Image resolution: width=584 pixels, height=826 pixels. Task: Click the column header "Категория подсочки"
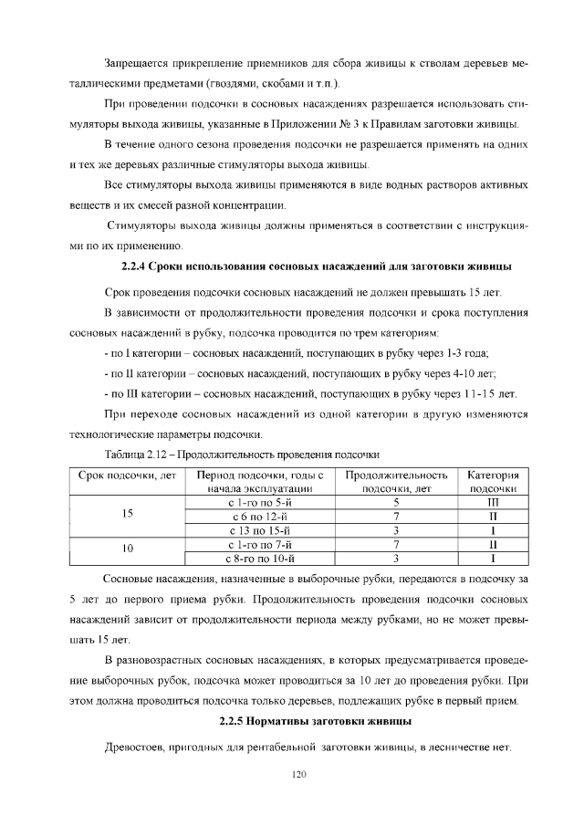point(493,482)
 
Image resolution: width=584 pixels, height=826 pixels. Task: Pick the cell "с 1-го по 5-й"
point(260,502)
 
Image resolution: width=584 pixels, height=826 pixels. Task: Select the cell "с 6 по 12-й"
point(260,516)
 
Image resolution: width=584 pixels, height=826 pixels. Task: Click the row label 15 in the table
point(128,516)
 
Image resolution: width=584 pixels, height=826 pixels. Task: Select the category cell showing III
point(493,502)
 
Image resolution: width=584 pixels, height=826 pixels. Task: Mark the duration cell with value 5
point(397,502)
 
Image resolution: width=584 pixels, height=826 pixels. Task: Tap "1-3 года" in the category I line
point(465,352)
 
